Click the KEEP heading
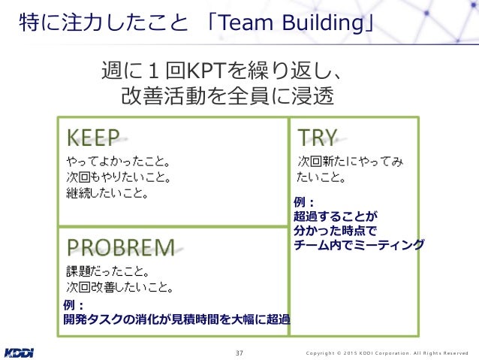(94, 137)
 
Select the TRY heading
(318, 137)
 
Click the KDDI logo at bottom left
(19, 352)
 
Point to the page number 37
(239, 352)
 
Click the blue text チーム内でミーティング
(359, 245)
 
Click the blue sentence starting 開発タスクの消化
(177, 319)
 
